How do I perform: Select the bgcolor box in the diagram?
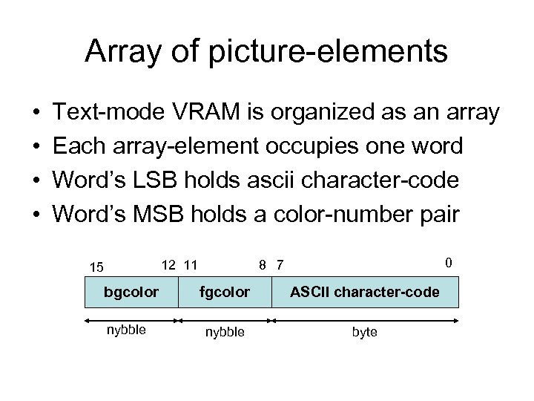tap(132, 292)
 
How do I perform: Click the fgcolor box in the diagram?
tap(225, 292)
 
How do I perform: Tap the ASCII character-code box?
tap(366, 292)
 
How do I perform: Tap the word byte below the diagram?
tap(364, 332)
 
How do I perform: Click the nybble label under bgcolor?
tap(126, 330)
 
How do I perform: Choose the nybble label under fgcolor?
tap(224, 332)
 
